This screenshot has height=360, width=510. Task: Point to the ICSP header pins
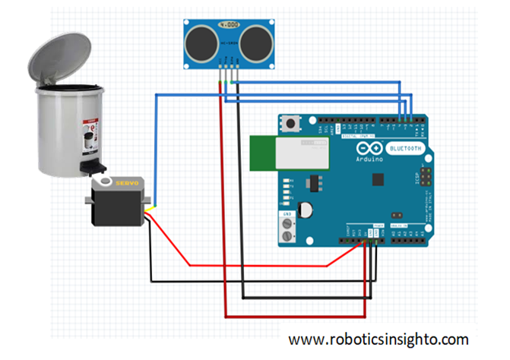pyautogui.click(x=426, y=180)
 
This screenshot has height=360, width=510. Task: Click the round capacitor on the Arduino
pyautogui.click(x=306, y=209)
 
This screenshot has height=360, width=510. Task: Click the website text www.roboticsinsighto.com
pyautogui.click(x=379, y=339)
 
